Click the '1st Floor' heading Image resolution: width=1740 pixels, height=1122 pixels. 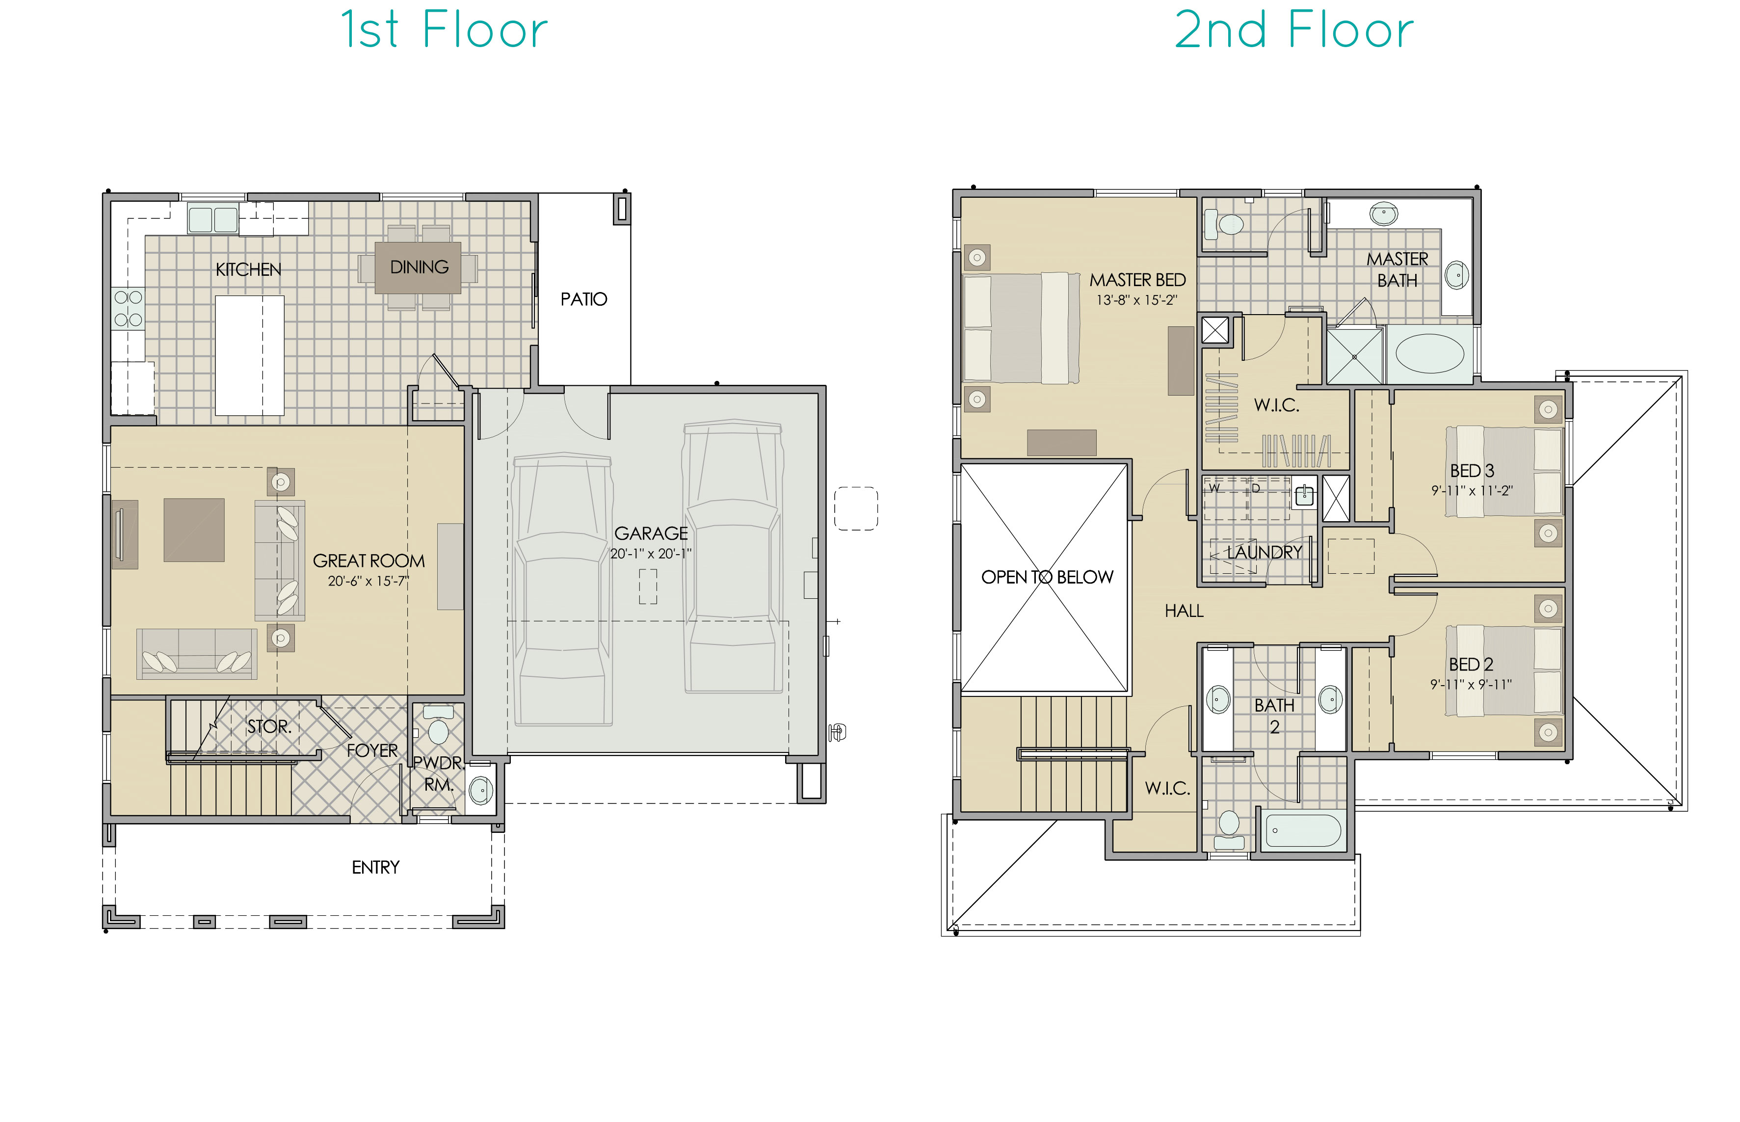click(x=444, y=30)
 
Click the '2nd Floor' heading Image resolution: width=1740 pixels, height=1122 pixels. click(x=1293, y=30)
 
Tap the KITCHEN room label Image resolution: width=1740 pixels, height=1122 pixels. click(x=248, y=269)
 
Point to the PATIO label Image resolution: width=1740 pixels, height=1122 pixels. click(x=583, y=299)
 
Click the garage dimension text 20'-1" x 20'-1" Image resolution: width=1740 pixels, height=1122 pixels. click(x=650, y=554)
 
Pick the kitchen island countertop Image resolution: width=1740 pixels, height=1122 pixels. click(x=249, y=355)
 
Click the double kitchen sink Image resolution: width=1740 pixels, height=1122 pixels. click(x=212, y=218)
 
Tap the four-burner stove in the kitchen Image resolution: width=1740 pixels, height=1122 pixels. click(x=128, y=308)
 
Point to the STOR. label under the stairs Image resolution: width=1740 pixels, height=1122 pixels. click(x=269, y=726)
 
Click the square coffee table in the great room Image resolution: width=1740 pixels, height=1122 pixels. click(x=194, y=530)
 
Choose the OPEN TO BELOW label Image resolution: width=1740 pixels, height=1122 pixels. click(x=1047, y=577)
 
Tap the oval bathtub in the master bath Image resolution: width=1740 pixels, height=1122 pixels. click(x=1429, y=354)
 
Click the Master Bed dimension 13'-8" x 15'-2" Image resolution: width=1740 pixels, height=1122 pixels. click(x=1137, y=300)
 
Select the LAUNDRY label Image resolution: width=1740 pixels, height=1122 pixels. click(x=1265, y=552)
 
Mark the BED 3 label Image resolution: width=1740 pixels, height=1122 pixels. click(x=1471, y=471)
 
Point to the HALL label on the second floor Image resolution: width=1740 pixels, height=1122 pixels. click(x=1184, y=611)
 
